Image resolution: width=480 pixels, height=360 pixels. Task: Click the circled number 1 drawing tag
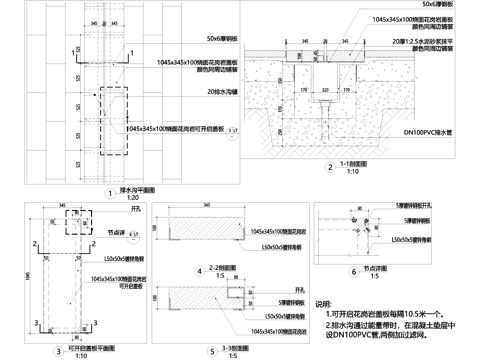tap(109, 188)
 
